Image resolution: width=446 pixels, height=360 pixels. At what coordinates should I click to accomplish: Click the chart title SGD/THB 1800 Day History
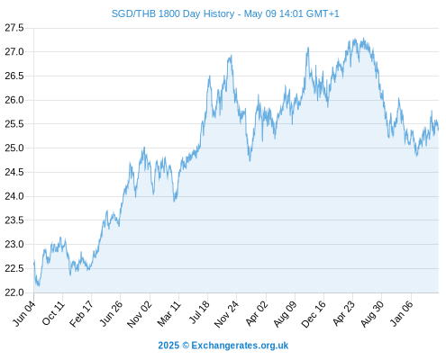[173, 13]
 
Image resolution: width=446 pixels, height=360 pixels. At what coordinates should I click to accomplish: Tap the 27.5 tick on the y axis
[14, 28]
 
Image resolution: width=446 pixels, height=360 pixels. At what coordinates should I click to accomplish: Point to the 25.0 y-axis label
[14, 148]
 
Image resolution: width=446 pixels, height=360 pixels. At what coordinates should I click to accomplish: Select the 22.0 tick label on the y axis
[14, 292]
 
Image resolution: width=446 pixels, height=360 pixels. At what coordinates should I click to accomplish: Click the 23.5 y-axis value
[14, 220]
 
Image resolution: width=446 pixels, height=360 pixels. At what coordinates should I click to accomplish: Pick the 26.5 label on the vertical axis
[14, 76]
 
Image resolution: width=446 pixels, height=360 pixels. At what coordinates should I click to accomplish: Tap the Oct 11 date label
[53, 313]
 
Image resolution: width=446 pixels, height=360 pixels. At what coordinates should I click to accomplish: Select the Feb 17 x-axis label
[81, 314]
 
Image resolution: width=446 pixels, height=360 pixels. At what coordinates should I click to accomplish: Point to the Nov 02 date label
[140, 314]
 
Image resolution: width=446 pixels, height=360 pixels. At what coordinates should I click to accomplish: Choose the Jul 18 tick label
[199, 312]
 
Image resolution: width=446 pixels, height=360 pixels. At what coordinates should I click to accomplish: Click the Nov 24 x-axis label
[226, 314]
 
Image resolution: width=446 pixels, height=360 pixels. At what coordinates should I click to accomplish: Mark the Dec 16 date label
[314, 314]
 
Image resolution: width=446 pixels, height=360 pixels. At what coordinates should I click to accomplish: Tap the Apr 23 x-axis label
[343, 313]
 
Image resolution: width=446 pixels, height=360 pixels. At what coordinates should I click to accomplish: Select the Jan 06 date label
[401, 313]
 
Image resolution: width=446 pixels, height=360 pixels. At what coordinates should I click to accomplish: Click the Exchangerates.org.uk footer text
[240, 346]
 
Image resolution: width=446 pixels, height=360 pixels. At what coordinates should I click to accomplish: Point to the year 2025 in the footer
[168, 346]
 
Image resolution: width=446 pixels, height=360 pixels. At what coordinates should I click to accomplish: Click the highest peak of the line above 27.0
[364, 38]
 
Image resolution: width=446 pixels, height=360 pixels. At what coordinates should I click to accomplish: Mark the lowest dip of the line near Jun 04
[39, 285]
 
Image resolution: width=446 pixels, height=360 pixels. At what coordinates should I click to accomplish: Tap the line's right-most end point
[438, 130]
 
